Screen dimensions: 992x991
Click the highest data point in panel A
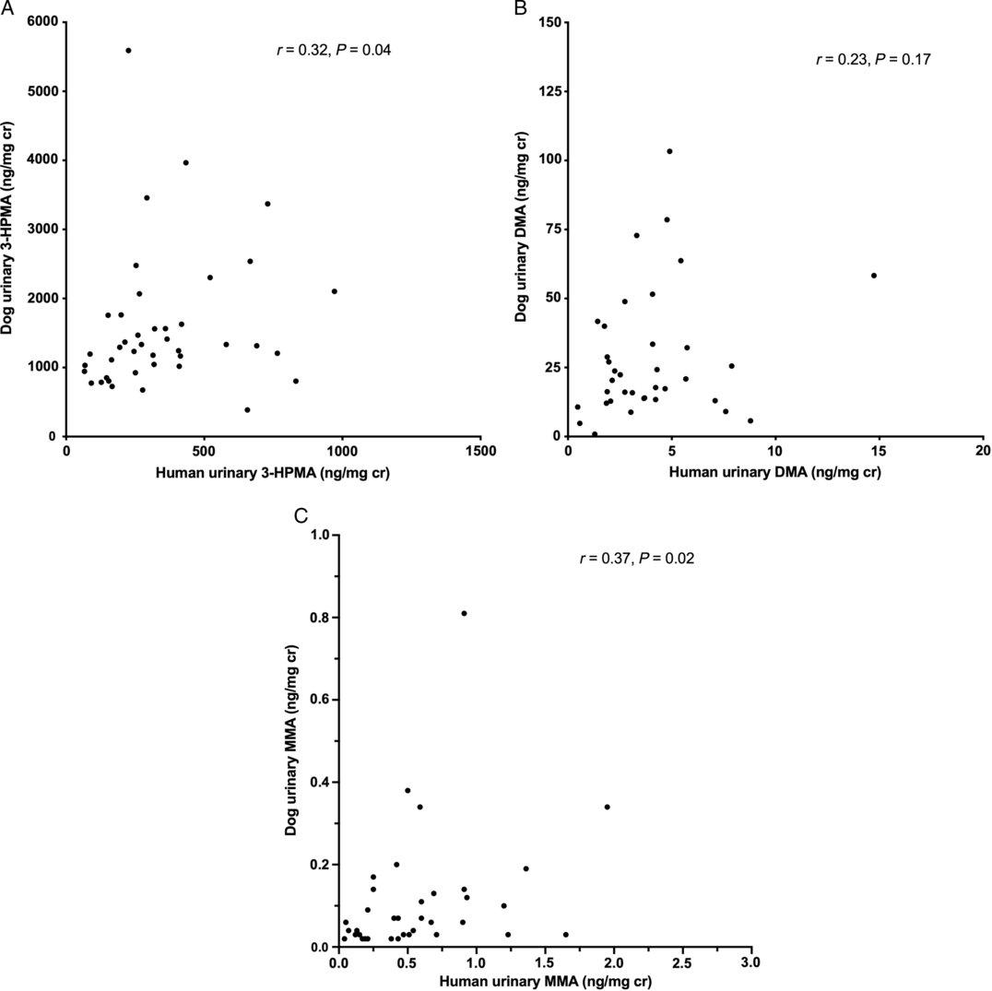tap(128, 51)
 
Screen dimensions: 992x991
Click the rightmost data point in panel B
tap(874, 276)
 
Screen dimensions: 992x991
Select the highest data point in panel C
tap(464, 613)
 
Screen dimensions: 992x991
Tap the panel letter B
tap(521, 8)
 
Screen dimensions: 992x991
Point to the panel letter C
tap(301, 516)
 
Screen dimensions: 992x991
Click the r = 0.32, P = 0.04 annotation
tap(334, 50)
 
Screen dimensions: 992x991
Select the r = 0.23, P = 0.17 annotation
tap(873, 60)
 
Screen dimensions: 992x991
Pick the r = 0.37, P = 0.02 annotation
tap(637, 559)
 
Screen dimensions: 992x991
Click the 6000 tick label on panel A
tap(42, 23)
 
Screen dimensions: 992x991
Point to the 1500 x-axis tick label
tap(480, 451)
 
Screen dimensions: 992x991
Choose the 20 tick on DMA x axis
tap(983, 451)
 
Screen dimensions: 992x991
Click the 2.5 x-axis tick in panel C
tap(682, 962)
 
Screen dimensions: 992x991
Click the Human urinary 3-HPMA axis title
tap(272, 472)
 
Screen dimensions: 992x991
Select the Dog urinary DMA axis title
tap(521, 227)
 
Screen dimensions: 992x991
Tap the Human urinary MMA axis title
tap(546, 982)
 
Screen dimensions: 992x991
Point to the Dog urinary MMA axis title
tap(291, 740)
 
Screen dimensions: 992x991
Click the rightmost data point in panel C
tap(608, 807)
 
